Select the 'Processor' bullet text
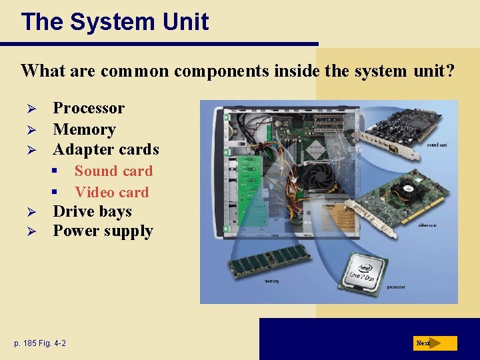click(x=89, y=108)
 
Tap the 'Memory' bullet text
click(x=84, y=129)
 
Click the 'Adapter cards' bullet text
click(x=106, y=149)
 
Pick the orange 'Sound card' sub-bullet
click(x=113, y=171)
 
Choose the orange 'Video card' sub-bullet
click(x=111, y=193)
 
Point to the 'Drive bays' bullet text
click(x=92, y=212)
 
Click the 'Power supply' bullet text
click(x=103, y=231)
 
